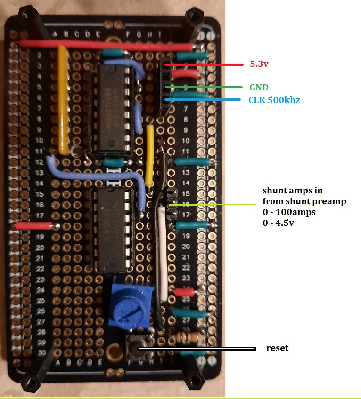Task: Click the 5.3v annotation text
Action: click(x=259, y=64)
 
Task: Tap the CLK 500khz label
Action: click(x=274, y=100)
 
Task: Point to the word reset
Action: click(x=277, y=349)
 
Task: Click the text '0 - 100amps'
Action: click(x=289, y=212)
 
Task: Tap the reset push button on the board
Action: click(x=139, y=349)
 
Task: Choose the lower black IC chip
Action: click(x=114, y=231)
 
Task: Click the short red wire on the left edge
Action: click(x=36, y=226)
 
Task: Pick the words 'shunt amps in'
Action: click(x=293, y=191)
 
